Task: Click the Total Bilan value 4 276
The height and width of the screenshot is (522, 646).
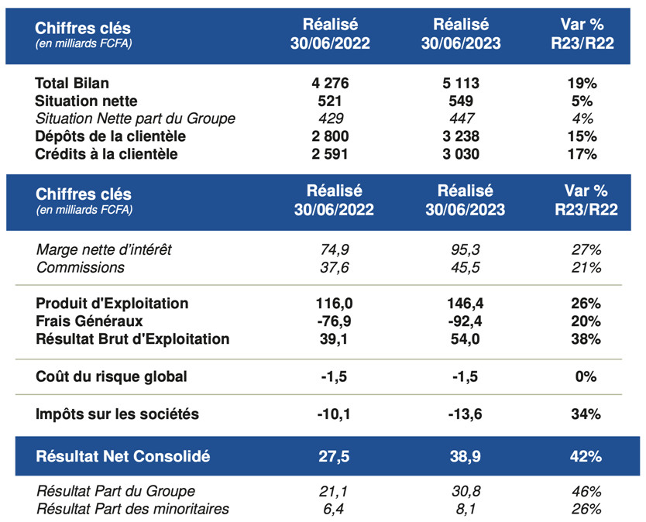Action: pos(330,83)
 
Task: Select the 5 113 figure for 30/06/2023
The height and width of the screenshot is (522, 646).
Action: pos(461,83)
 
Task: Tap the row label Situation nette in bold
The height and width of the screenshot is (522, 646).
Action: pos(86,101)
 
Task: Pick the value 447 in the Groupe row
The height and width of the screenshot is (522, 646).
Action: pos(462,118)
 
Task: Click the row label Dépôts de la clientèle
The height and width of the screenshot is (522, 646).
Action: pos(111,136)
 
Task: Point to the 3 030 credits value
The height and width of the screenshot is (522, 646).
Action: pos(461,154)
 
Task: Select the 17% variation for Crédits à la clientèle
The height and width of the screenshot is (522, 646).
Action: pos(582,154)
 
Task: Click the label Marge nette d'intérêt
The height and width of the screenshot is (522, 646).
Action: pos(104,249)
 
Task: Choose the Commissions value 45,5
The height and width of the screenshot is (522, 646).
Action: pos(466,268)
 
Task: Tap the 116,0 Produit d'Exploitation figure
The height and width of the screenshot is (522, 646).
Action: pos(334,304)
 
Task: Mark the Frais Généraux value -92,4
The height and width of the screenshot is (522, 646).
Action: pos(466,321)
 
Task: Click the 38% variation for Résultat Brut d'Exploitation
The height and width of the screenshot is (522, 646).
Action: pos(586,339)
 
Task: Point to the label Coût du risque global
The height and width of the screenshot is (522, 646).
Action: pos(112,376)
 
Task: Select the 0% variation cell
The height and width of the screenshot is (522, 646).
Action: pos(586,376)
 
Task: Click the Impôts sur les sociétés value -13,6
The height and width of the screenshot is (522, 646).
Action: pos(466,414)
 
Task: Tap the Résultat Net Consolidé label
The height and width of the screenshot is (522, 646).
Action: pos(123,456)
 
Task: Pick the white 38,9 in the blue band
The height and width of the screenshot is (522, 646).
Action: pos(466,456)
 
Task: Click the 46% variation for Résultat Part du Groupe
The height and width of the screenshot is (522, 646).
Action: pos(586,492)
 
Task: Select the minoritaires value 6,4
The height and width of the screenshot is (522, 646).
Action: pos(333,510)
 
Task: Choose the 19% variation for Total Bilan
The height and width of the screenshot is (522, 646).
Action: pos(582,83)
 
